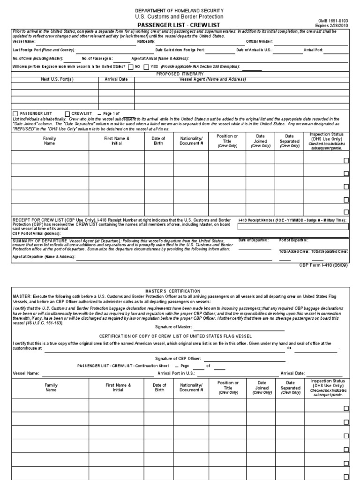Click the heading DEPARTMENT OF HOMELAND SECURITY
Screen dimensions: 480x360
click(x=180, y=10)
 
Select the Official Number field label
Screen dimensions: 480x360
click(x=259, y=42)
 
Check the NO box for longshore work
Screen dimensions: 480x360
click(x=130, y=67)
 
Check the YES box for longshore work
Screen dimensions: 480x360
click(x=146, y=67)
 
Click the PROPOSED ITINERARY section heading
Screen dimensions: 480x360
click(x=180, y=74)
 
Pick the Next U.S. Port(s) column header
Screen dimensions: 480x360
click(x=55, y=79)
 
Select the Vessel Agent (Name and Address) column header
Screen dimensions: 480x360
click(x=213, y=79)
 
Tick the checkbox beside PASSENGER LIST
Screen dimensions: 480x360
click(x=15, y=113)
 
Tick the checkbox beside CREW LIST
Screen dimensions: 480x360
click(x=67, y=113)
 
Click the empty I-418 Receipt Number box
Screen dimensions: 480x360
click(x=293, y=227)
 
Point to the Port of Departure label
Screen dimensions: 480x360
click(x=293, y=240)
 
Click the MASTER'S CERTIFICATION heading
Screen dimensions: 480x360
click(x=180, y=292)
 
